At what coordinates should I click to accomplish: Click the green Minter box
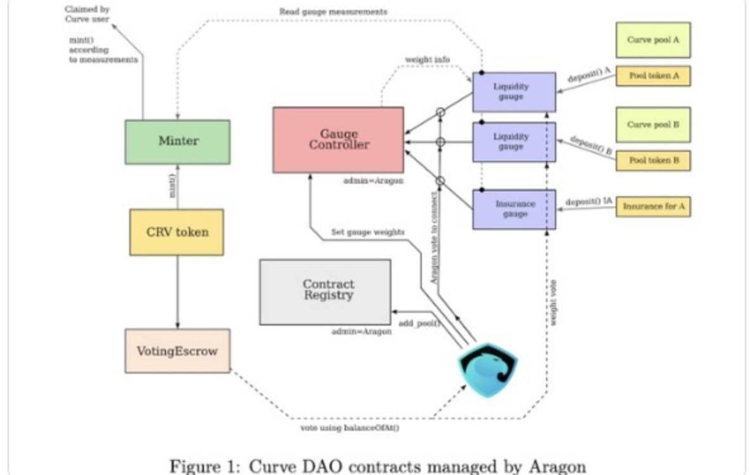[x=177, y=142]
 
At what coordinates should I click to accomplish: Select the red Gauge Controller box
[x=338, y=140]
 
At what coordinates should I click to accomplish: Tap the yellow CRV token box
[x=176, y=232]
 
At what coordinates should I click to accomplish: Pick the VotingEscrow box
[x=177, y=350]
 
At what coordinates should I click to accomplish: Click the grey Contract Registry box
[x=325, y=291]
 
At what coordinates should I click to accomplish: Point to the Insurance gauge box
[x=514, y=209]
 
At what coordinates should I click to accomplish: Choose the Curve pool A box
[x=652, y=40]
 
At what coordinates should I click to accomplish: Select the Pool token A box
[x=652, y=76]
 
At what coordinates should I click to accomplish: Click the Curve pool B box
[x=652, y=124]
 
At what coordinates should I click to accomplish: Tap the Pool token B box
[x=652, y=161]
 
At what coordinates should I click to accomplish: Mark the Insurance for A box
[x=652, y=206]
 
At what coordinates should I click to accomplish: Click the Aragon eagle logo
[x=487, y=369]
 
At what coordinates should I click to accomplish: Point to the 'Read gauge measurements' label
[x=333, y=12]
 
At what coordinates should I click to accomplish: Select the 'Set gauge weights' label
[x=367, y=232]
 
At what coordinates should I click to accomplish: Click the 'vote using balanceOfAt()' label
[x=350, y=429]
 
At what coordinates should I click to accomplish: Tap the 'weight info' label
[x=428, y=60]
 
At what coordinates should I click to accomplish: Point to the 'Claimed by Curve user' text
[x=87, y=14]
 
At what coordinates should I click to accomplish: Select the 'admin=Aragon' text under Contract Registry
[x=361, y=331]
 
